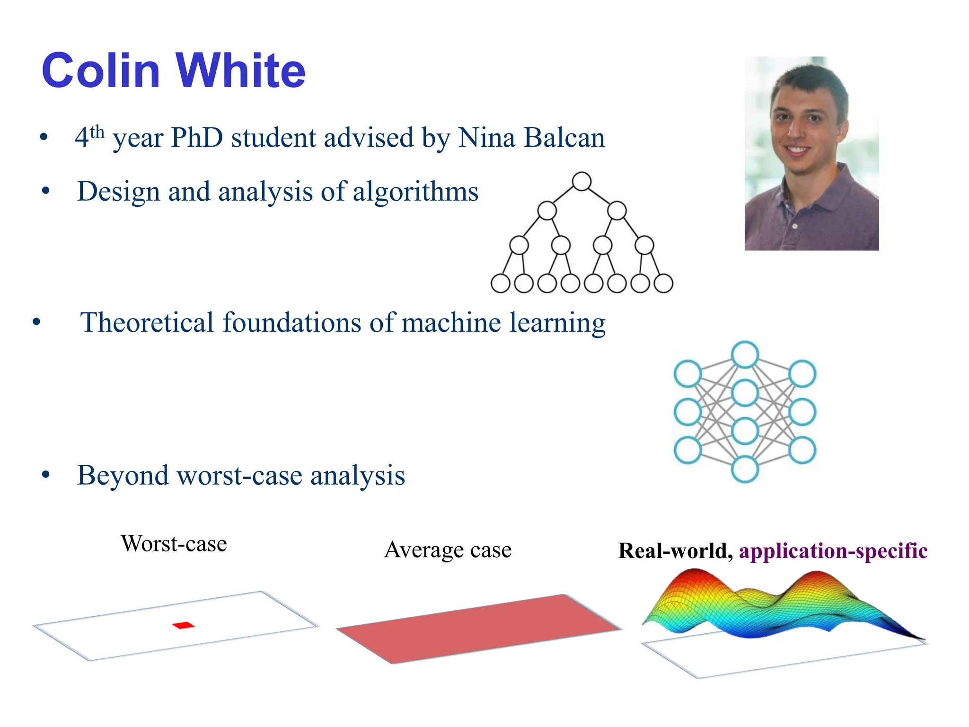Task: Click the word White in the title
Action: pos(241,71)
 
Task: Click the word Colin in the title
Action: pos(101,71)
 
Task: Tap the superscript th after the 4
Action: pos(97,132)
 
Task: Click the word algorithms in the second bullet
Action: pos(415,192)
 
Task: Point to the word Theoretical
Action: pos(147,323)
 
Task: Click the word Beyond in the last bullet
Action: pos(123,475)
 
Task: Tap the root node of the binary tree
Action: pos(581,181)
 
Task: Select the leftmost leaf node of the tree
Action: pos(500,284)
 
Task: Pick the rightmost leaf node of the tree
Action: pos(663,284)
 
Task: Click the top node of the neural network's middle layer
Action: pos(745,355)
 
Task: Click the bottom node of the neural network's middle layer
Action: pos(745,469)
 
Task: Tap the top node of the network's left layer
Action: pos(687,373)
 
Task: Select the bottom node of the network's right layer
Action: pos(802,450)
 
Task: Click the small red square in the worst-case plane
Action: pos(184,625)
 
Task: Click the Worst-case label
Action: pos(174,544)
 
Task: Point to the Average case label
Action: pos(448,550)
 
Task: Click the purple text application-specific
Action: pos(833,551)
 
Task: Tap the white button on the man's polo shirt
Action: pos(795,226)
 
